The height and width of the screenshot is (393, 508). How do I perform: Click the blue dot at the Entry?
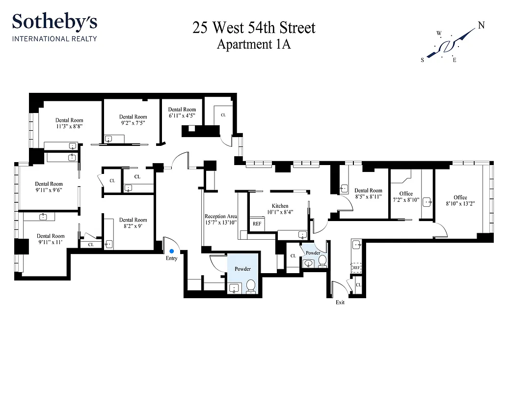[171, 251]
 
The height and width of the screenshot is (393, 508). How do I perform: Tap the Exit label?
[340, 303]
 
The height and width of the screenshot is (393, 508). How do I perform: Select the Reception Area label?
[221, 216]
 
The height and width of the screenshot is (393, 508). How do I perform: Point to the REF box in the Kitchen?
[257, 224]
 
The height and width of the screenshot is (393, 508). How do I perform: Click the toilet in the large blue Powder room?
[250, 286]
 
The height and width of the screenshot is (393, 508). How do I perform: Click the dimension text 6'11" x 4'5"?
[182, 116]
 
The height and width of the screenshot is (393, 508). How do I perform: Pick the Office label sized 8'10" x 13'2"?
[460, 197]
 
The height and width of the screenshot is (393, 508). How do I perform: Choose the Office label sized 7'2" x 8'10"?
[406, 194]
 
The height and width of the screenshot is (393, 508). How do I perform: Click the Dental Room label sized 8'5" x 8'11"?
[368, 191]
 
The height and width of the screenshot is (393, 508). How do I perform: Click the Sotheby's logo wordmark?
[54, 22]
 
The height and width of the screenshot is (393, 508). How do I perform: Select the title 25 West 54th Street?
[254, 28]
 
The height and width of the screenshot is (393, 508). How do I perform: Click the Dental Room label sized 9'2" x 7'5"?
[133, 117]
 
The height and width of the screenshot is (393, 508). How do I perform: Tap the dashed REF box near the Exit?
[356, 268]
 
